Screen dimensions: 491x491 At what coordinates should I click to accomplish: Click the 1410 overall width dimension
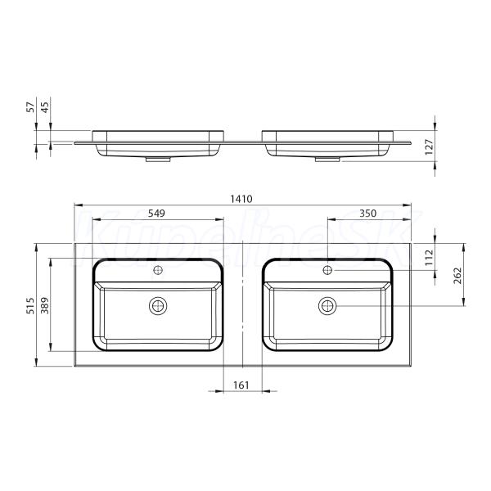point(241,199)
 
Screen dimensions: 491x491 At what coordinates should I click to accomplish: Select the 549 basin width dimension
point(156,214)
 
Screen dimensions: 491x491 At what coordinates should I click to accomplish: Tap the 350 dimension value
point(367,214)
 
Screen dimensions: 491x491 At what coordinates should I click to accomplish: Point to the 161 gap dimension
point(241,385)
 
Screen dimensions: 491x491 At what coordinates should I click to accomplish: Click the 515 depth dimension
point(30,305)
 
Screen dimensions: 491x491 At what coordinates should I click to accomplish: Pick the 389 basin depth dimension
point(45,305)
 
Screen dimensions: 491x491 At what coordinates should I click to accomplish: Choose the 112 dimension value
point(430,258)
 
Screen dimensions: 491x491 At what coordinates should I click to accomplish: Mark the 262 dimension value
point(457,276)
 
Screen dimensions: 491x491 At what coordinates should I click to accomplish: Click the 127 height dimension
point(429,146)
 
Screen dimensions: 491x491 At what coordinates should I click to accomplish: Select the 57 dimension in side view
point(30,107)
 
